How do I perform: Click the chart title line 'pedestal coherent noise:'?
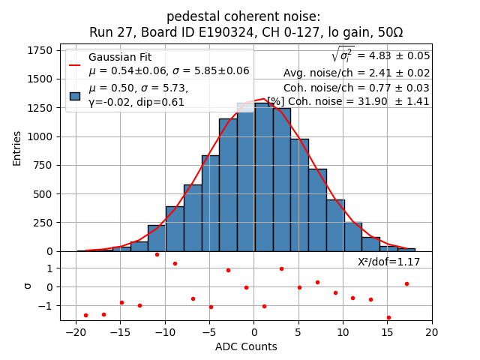(243, 16)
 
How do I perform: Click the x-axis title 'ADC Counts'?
(246, 346)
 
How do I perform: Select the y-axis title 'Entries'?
(17, 148)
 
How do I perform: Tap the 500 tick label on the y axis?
(41, 193)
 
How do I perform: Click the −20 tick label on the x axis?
(75, 333)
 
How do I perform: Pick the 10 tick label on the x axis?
(343, 333)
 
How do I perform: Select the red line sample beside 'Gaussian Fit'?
(75, 64)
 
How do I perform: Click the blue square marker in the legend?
(75, 95)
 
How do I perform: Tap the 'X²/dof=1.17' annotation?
(388, 262)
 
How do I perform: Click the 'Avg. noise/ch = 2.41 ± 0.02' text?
(356, 73)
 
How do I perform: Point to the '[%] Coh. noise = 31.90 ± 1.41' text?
(348, 101)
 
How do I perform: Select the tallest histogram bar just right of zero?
(263, 177)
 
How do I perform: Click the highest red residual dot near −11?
(157, 254)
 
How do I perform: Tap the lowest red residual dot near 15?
(388, 317)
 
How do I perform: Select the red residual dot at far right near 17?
(406, 283)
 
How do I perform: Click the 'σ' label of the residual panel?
(28, 286)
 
